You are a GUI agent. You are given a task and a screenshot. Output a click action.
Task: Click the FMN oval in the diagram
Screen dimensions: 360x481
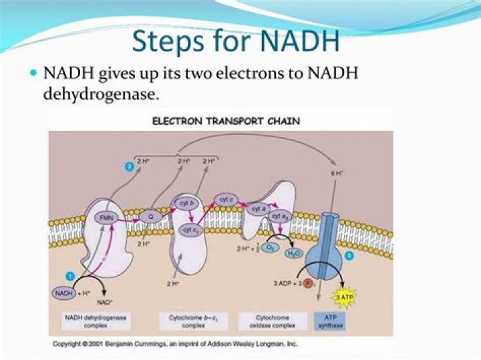click(x=105, y=218)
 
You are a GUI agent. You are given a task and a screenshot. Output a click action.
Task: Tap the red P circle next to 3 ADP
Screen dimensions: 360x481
click(x=309, y=283)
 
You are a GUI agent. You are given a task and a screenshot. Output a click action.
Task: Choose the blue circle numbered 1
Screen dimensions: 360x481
click(x=70, y=276)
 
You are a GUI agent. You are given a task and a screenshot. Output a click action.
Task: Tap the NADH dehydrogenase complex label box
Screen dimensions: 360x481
click(x=88, y=322)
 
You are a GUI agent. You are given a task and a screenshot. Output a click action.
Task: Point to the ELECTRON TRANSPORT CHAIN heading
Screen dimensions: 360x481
click(x=226, y=121)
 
